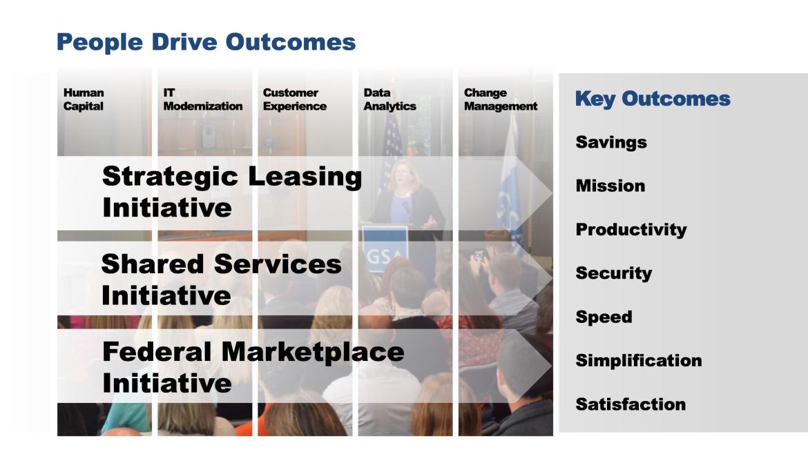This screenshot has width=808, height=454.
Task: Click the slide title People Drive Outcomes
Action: pyautogui.click(x=206, y=42)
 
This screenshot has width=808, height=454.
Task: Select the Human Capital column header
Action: pyautogui.click(x=84, y=99)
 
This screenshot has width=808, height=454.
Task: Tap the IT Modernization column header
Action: pyautogui.click(x=202, y=99)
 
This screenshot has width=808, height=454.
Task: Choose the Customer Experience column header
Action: pyautogui.click(x=295, y=99)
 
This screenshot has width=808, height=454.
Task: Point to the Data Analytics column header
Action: pyautogui.click(x=389, y=99)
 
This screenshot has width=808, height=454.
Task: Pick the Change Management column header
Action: pyautogui.click(x=500, y=99)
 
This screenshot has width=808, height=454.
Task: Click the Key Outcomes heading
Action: pyautogui.click(x=652, y=99)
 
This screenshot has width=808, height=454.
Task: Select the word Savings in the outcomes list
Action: pyautogui.click(x=610, y=142)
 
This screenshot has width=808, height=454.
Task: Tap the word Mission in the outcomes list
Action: pyautogui.click(x=610, y=186)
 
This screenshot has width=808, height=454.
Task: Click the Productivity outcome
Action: pyautogui.click(x=631, y=230)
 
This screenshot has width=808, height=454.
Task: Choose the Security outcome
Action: pyautogui.click(x=613, y=273)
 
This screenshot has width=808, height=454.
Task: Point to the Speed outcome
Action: pyautogui.click(x=604, y=317)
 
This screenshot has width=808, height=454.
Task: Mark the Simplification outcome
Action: pyautogui.click(x=638, y=361)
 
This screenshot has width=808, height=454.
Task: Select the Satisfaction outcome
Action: pyautogui.click(x=631, y=404)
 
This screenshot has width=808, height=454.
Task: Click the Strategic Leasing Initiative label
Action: pyautogui.click(x=231, y=191)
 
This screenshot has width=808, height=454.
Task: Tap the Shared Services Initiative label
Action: pyautogui.click(x=221, y=279)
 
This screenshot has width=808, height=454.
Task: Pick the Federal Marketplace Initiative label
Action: pyautogui.click(x=253, y=366)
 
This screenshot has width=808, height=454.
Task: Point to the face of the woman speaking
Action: pyautogui.click(x=403, y=175)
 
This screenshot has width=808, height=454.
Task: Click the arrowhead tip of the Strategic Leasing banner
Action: pyautogui.click(x=551, y=194)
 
